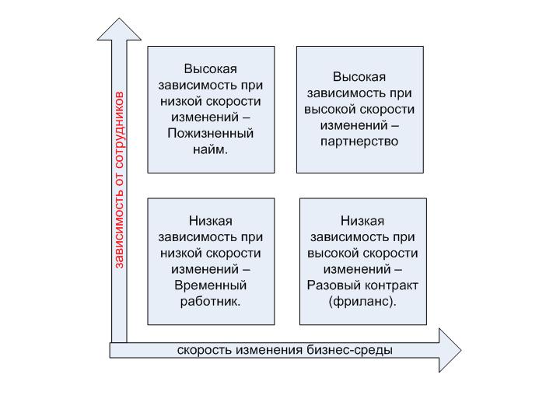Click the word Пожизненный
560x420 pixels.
click(x=210, y=134)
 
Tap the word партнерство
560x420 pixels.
click(x=359, y=142)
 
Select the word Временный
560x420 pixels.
click(x=210, y=285)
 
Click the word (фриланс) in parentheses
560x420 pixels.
click(x=362, y=302)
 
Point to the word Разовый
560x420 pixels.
click(x=334, y=285)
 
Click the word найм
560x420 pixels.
click(x=210, y=149)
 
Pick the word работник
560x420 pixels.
click(x=210, y=302)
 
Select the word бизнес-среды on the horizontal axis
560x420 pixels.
click(x=350, y=350)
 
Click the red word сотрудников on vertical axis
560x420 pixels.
click(x=119, y=130)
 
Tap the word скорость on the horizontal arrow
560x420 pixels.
click(x=204, y=350)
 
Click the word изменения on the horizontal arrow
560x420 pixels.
click(x=269, y=350)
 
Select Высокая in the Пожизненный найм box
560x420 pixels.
click(x=210, y=69)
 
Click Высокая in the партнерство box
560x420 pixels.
click(x=359, y=77)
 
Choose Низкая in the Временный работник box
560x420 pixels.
click(x=210, y=221)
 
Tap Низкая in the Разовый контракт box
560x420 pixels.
click(x=362, y=221)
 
